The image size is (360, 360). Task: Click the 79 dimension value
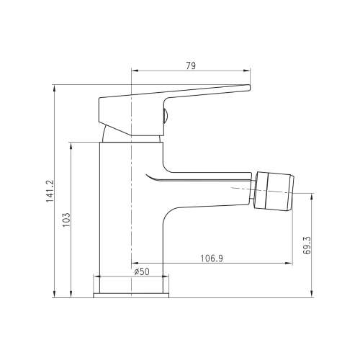click(x=191, y=66)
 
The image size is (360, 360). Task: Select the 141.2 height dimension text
click(x=50, y=191)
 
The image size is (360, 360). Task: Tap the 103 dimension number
click(x=66, y=220)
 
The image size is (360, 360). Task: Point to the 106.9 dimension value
click(x=212, y=258)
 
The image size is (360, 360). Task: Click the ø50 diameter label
click(x=142, y=271)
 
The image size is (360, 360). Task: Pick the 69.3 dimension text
click(x=307, y=246)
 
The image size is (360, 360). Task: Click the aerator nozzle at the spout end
click(x=274, y=191)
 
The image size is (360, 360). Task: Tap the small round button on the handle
click(x=166, y=116)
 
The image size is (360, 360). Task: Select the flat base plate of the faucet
click(x=131, y=295)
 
